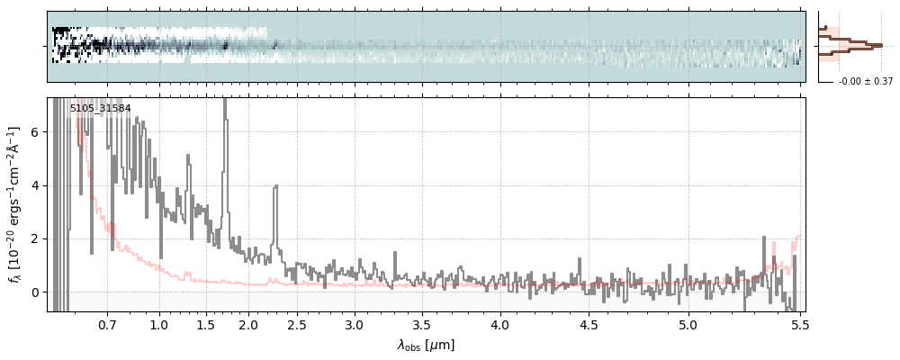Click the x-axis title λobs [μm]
pyautogui.click(x=426, y=345)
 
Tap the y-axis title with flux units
pyautogui.click(x=14, y=204)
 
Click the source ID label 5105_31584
pyautogui.click(x=100, y=109)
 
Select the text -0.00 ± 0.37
pyautogui.click(x=865, y=82)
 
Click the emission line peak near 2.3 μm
pyautogui.click(x=275, y=186)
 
